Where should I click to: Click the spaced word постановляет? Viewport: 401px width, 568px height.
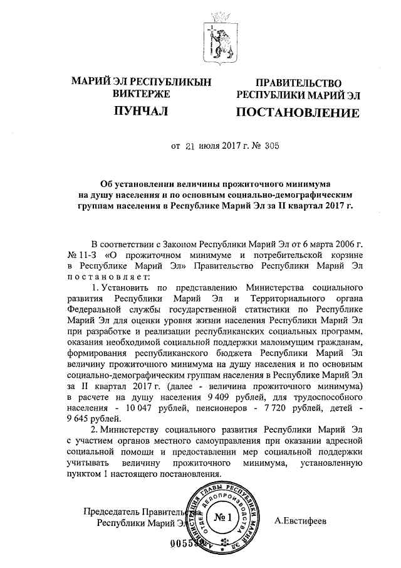coord(108,276)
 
